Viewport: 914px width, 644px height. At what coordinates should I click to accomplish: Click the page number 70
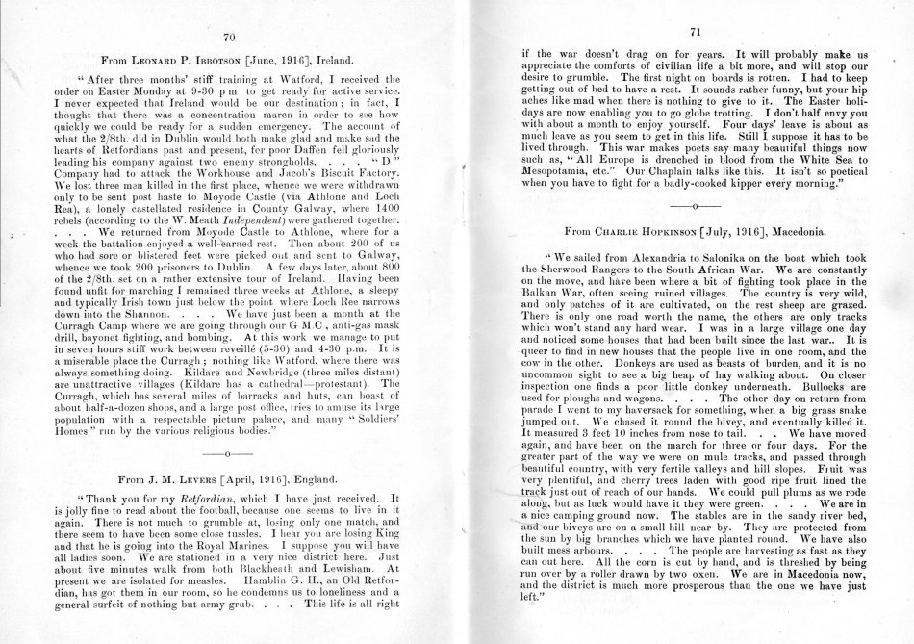tap(229, 38)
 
